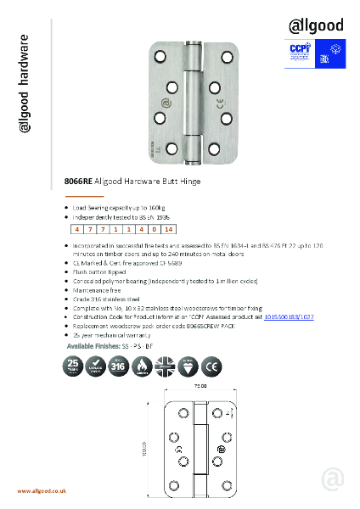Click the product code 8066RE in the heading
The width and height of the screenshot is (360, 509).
click(x=78, y=182)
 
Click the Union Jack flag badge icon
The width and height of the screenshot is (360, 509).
click(x=174, y=367)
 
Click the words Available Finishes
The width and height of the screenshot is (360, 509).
click(x=96, y=348)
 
